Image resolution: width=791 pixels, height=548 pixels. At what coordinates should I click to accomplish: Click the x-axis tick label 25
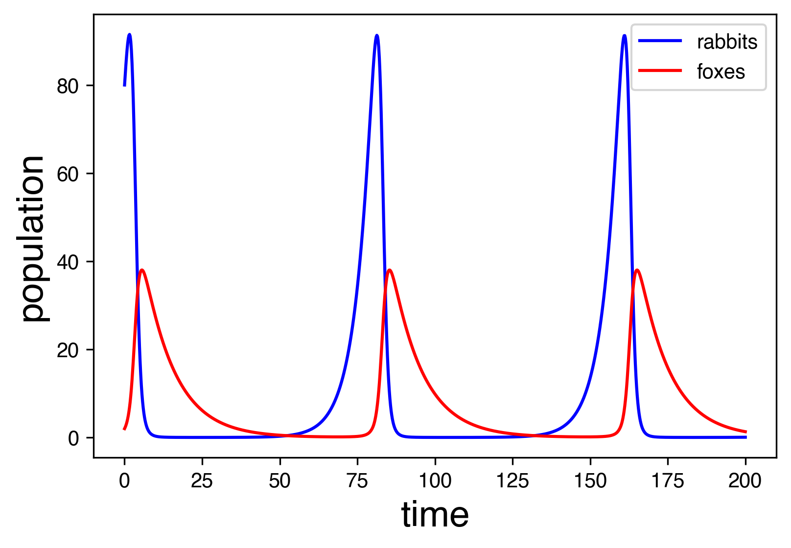[x=202, y=481]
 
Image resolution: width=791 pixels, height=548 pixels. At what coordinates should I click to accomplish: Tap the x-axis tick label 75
[x=357, y=481]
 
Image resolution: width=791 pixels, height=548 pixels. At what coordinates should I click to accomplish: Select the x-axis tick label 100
[x=435, y=481]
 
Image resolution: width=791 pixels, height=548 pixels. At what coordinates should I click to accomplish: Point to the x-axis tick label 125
[x=512, y=481]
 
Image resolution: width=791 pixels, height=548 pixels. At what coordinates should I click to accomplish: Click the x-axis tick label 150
[x=590, y=481]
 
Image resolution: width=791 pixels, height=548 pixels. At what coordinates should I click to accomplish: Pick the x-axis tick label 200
[x=744, y=481]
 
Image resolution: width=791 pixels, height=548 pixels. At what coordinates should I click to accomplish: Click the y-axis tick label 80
[x=68, y=87]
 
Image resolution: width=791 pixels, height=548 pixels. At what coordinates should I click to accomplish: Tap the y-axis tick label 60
[x=68, y=175]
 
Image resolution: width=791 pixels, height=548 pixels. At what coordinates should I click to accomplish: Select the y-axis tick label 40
[x=68, y=263]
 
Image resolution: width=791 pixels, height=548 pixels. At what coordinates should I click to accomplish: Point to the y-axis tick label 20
[x=68, y=351]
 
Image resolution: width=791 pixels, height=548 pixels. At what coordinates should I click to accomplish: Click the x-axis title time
[x=435, y=515]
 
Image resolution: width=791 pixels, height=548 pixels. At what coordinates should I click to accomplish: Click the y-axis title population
[x=33, y=238]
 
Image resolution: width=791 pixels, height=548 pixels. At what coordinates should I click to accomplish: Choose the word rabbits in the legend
[x=727, y=43]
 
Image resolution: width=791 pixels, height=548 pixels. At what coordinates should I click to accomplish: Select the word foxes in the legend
[x=721, y=72]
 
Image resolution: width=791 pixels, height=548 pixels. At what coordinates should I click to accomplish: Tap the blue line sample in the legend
[x=660, y=41]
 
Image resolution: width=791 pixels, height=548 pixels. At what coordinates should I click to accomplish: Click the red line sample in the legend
[x=660, y=70]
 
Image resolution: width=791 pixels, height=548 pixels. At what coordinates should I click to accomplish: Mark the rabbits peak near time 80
[x=376, y=35]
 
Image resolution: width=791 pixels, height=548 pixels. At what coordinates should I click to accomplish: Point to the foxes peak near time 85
[x=389, y=270]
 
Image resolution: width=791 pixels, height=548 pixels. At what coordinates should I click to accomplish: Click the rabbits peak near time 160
[x=624, y=35]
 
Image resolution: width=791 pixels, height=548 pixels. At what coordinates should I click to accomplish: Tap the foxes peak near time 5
[x=142, y=270]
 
